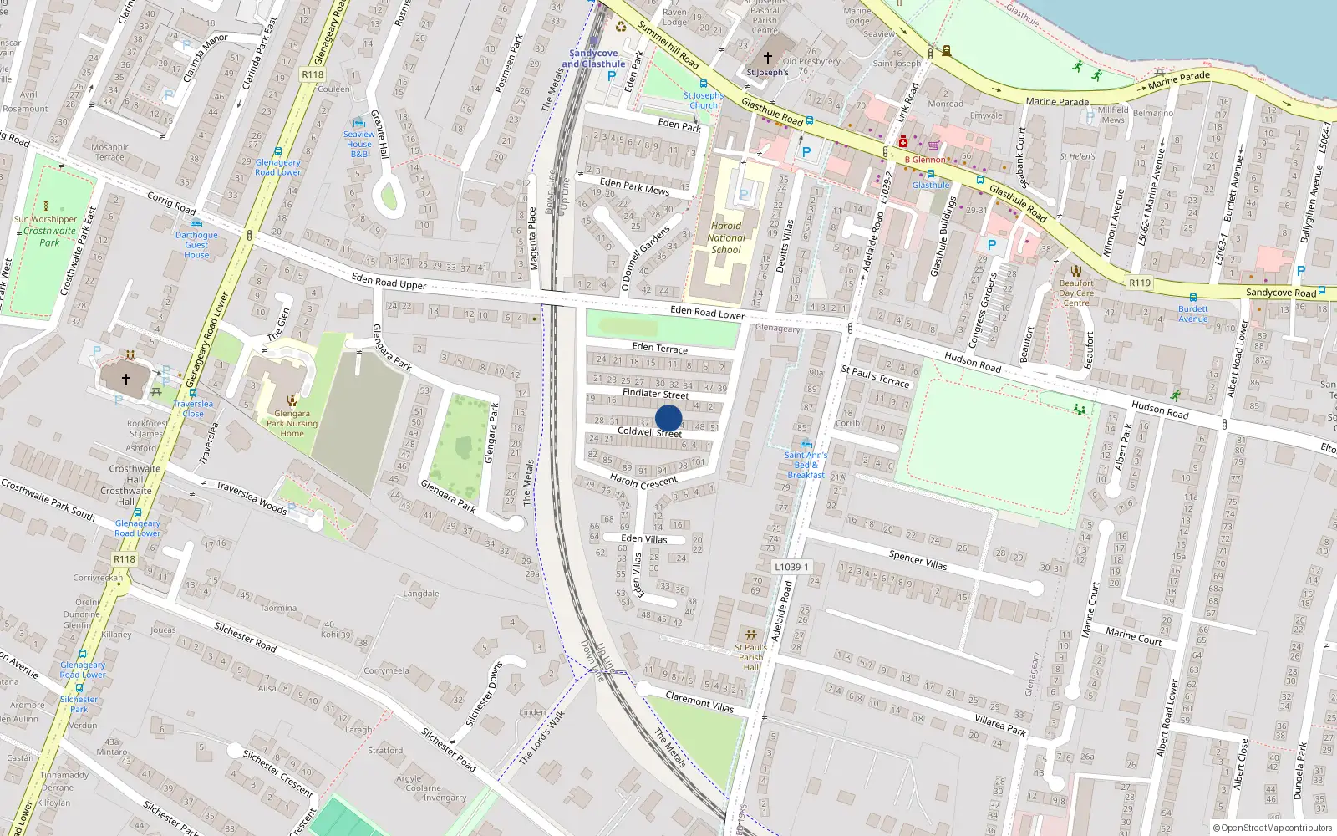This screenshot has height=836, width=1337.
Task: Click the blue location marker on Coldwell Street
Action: pos(668,418)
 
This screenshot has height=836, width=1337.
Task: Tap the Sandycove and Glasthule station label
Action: pos(593,59)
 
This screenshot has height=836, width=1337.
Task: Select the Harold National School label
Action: pos(726,237)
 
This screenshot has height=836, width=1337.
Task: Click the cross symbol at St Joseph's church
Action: pos(768,58)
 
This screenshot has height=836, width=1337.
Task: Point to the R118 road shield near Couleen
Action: pos(312,74)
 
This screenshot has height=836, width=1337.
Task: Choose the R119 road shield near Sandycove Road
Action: pos(1140,283)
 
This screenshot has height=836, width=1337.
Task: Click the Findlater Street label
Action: pos(655,394)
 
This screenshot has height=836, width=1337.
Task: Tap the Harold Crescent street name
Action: pos(643,482)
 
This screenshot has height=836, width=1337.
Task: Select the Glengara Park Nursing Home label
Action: pos(292,423)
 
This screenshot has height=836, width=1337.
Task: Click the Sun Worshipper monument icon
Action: pos(46,206)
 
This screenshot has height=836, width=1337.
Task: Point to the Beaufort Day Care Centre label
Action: pos(1076,293)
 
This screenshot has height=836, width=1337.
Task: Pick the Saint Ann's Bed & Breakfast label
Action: pos(806,465)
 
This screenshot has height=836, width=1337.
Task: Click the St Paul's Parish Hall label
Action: pos(750,657)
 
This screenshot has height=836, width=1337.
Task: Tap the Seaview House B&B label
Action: pos(358,144)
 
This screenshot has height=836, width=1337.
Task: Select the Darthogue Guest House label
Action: pos(196,245)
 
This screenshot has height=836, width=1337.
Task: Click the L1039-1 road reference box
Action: pos(791,567)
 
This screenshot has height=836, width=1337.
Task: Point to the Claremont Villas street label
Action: pos(699,701)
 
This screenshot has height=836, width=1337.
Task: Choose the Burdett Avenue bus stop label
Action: pos(1193,313)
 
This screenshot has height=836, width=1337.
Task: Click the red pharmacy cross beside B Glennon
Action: pos(903,142)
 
